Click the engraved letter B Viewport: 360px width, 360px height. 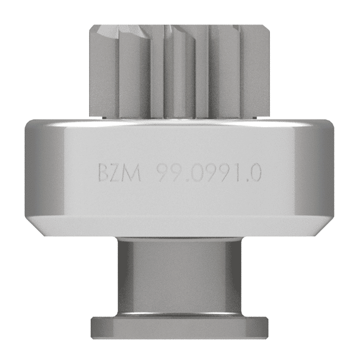coord(104,173)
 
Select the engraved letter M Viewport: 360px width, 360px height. coord(133,173)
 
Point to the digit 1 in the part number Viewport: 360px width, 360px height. coord(234,173)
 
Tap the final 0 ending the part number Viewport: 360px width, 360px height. coord(254,173)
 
